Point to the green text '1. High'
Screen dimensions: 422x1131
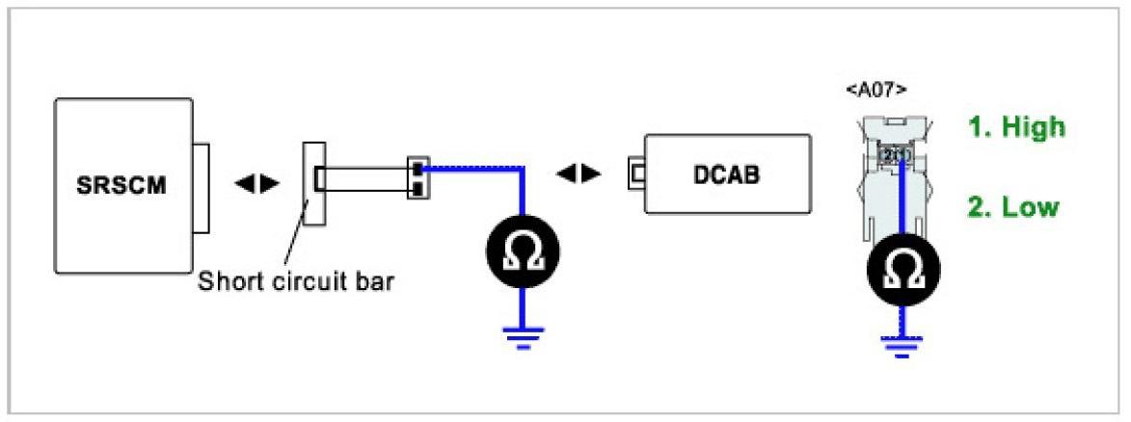[x=1017, y=126]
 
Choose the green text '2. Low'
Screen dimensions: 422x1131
[x=1014, y=207]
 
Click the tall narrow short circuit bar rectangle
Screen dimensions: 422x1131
[x=314, y=182]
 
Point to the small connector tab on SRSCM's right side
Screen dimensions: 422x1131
[x=200, y=188]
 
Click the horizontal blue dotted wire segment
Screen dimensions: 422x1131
[x=472, y=168]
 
